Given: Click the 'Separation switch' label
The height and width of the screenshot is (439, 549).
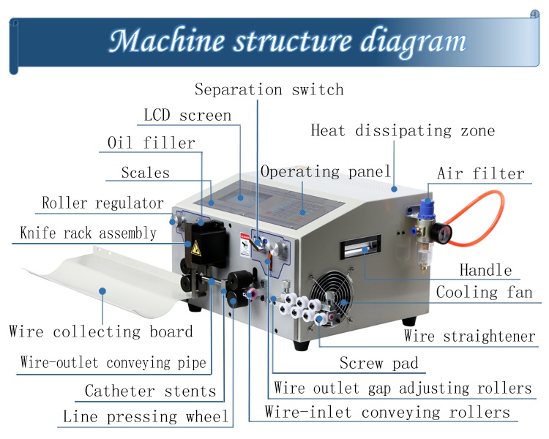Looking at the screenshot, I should click(269, 90).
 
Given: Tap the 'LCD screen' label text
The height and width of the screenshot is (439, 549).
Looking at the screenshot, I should click(187, 116).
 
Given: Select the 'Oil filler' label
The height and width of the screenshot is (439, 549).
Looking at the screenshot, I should click(152, 143).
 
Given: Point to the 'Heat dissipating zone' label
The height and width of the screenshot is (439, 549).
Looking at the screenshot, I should click(403, 131).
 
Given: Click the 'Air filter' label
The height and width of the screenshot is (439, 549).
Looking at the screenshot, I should click(481, 174).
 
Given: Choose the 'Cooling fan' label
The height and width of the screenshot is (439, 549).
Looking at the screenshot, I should click(484, 293).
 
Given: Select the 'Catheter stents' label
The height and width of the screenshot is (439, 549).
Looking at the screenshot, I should click(150, 391).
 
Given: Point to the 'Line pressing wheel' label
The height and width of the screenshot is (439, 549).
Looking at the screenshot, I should click(146, 417).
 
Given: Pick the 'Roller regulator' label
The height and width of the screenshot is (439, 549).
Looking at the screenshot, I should click(102, 203).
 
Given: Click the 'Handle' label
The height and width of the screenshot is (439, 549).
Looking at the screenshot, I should click(485, 271).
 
